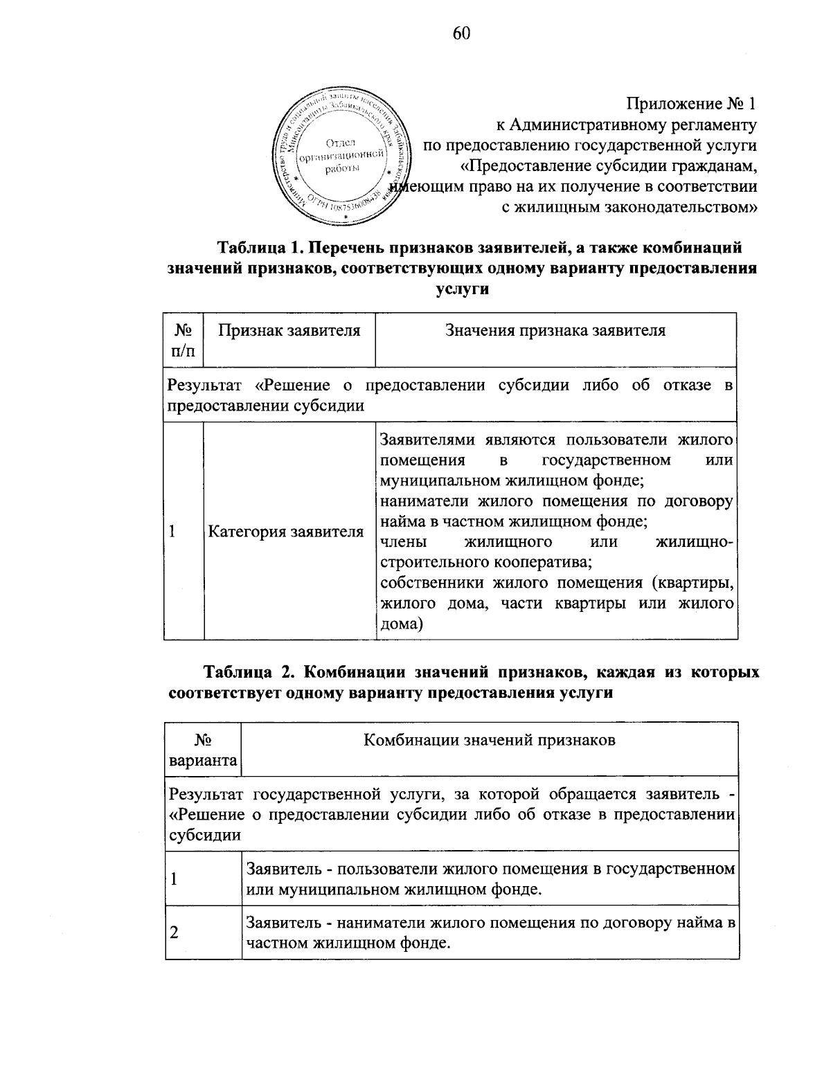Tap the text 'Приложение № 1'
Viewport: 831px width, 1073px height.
tap(690, 105)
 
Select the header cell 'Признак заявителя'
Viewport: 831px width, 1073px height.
tap(289, 330)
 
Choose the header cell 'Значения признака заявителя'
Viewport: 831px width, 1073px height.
tap(555, 330)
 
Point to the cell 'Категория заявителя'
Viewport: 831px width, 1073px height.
tap(286, 532)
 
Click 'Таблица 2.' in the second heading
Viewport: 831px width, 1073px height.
tap(249, 671)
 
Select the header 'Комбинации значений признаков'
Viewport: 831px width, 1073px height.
tap(490, 740)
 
